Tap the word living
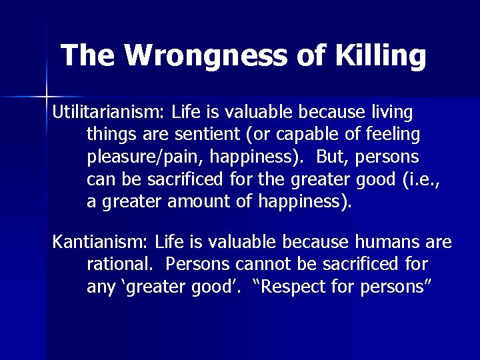click(x=391, y=111)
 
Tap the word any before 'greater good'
click(x=100, y=287)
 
